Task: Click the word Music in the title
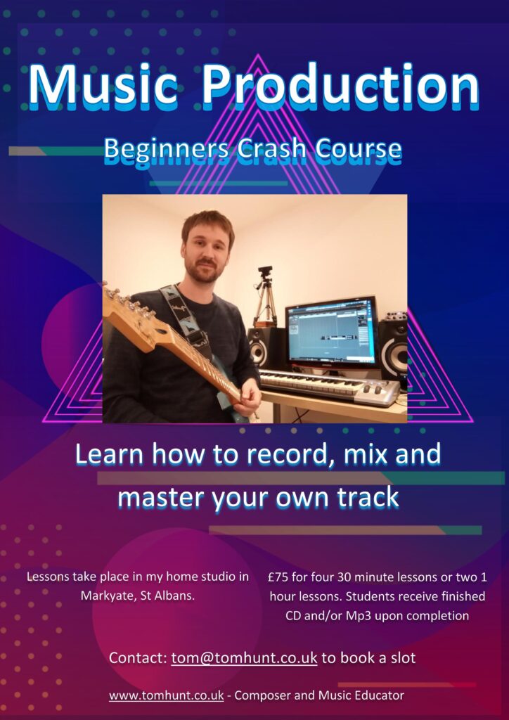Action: click(x=103, y=86)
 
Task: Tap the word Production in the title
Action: click(x=340, y=86)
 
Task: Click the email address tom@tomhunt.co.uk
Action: click(x=244, y=657)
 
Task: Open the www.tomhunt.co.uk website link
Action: click(x=166, y=695)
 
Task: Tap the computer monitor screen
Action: click(x=331, y=333)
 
